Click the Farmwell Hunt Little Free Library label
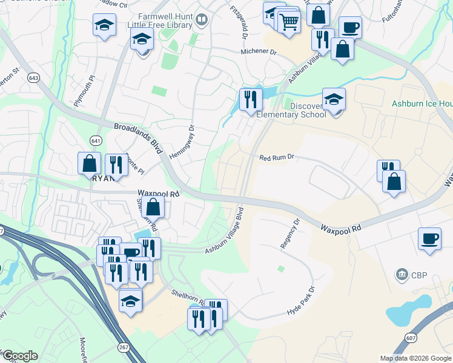tap(160, 22)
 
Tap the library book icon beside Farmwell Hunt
tap(202, 22)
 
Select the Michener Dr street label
tap(258, 53)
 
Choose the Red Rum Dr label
tap(276, 157)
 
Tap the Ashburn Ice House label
tap(422, 104)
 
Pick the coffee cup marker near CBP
tap(429, 238)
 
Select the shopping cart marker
tap(289, 22)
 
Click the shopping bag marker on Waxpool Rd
tap(154, 207)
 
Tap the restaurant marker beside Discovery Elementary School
tap(251, 99)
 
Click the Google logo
tap(20, 355)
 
